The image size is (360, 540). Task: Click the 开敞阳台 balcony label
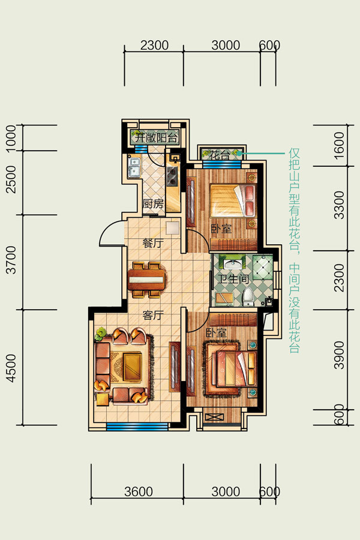click(157, 138)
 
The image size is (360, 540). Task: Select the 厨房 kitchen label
click(153, 204)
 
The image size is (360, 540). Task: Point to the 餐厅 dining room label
click(153, 244)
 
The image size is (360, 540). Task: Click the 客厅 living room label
click(153, 315)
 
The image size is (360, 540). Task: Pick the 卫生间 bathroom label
click(233, 278)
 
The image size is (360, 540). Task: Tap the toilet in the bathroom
click(248, 297)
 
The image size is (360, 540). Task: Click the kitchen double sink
click(134, 167)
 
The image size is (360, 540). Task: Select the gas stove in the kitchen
click(172, 176)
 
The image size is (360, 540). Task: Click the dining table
click(147, 280)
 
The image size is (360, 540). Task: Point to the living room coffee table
click(132, 367)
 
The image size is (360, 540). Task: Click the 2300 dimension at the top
click(154, 45)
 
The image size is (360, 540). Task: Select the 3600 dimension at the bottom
click(138, 491)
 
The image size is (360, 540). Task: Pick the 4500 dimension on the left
click(11, 368)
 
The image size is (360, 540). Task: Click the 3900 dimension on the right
click(340, 355)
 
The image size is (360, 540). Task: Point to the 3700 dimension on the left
click(11, 260)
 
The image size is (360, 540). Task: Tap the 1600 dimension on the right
click(340, 145)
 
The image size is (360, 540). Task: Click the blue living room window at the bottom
click(137, 427)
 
